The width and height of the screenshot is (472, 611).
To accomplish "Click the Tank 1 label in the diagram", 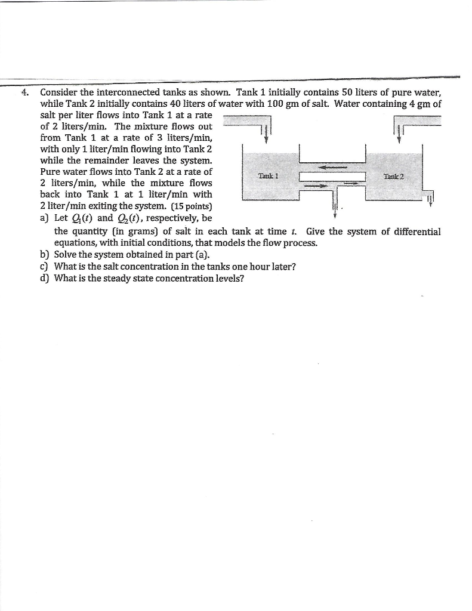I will click(266, 175).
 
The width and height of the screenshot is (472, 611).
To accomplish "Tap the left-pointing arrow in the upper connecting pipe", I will click(332, 168).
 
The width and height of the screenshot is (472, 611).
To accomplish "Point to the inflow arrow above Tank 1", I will click(266, 131).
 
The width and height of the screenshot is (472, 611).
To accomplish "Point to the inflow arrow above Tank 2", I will click(398, 131).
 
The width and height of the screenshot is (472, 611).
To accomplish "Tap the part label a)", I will click(44, 218).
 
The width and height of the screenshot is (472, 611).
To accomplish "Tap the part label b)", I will click(44, 255).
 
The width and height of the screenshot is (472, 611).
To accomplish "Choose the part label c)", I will click(44, 267).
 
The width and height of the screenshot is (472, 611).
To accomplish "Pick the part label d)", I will click(44, 279).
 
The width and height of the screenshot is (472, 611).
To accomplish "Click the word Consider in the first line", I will click(58, 92).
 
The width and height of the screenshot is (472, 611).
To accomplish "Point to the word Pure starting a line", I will click(51, 172).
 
